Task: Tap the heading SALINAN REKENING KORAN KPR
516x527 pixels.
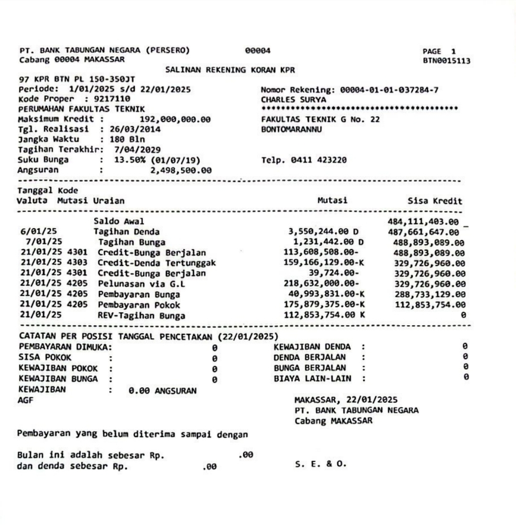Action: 230,70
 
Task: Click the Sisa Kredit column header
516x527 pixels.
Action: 435,201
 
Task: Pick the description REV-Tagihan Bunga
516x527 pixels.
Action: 141,316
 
